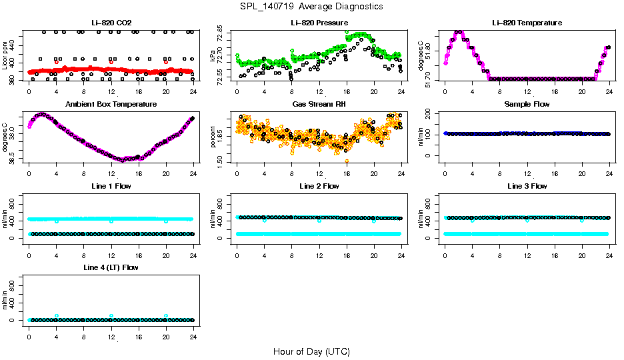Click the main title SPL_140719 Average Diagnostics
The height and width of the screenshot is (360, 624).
pos(311,6)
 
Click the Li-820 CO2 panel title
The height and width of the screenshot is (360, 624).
pos(111,23)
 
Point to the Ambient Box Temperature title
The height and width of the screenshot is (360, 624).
pos(111,105)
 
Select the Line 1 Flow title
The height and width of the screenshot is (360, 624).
pos(111,187)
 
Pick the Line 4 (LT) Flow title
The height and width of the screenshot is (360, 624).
pos(111,267)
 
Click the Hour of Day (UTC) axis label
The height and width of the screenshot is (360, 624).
pos(311,351)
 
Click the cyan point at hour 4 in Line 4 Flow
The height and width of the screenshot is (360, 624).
pos(57,315)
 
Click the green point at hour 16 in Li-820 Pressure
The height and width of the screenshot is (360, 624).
pos(347,32)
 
